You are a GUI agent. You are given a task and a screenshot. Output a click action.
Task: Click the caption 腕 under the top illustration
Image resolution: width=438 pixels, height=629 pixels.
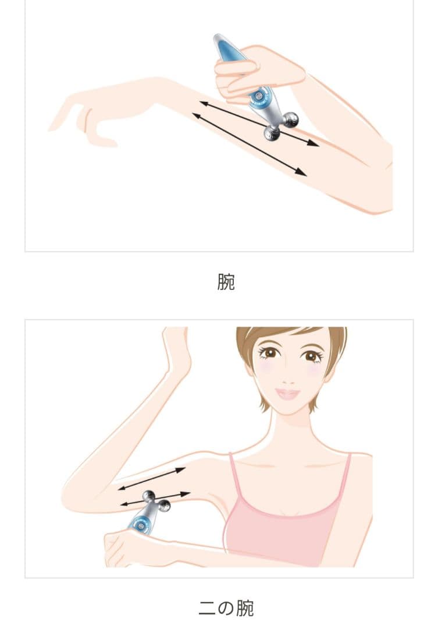point(226,282)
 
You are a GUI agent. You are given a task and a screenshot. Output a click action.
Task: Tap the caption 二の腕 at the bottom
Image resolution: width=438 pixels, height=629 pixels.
point(226,608)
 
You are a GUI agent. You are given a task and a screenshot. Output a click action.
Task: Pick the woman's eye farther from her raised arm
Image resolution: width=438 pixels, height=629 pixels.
point(312,355)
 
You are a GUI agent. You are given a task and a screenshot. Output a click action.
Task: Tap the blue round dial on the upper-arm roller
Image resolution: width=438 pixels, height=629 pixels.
point(140,523)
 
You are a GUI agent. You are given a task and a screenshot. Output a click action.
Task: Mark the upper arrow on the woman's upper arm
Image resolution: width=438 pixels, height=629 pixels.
point(151,478)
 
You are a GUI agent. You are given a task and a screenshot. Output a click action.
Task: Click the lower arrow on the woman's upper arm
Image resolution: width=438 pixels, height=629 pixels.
point(155,498)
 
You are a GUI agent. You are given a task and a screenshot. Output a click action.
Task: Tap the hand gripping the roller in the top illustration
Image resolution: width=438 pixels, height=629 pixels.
point(256,70)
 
